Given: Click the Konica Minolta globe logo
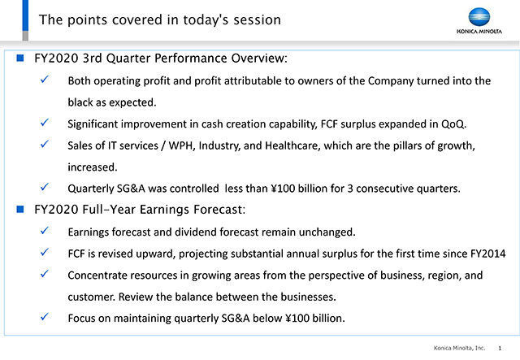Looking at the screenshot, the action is click(x=479, y=17).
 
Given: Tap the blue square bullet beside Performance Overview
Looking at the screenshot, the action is click(x=20, y=58).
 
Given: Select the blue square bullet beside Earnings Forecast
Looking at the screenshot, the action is click(x=20, y=210).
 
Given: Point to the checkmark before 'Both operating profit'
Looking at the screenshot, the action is click(x=45, y=80).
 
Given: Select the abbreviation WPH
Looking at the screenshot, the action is click(x=181, y=145).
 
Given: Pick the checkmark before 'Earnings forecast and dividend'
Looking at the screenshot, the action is click(x=45, y=231).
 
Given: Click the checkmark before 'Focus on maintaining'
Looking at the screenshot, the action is click(x=45, y=317).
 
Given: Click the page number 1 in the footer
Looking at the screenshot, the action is click(x=500, y=348).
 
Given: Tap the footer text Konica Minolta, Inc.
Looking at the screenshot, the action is click(x=459, y=348).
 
